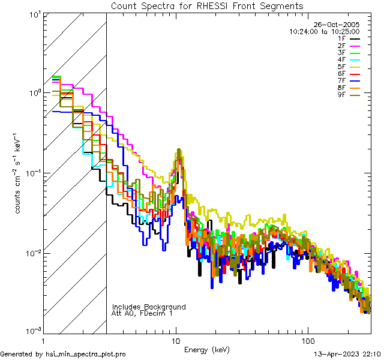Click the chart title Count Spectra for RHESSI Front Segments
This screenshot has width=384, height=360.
coord(207,5)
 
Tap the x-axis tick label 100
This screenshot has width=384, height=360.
coord(307,340)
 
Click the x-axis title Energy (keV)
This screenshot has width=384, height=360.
coord(207,349)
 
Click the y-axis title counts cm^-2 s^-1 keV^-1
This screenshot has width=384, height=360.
coord(19,173)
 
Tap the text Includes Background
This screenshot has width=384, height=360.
coord(149,307)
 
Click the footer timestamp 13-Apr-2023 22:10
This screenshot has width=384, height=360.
coord(347,354)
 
